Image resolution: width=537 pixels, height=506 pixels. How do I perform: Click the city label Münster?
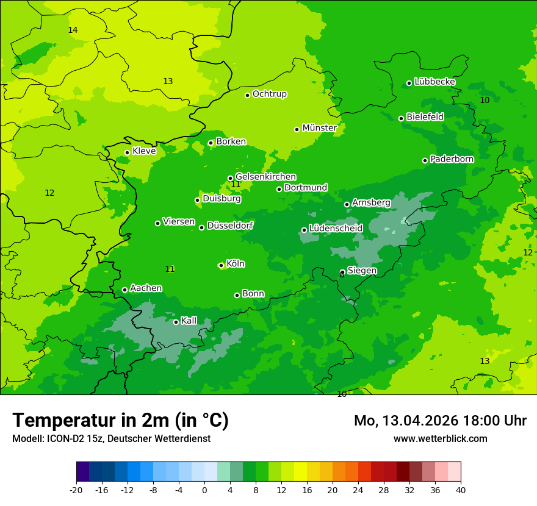tap(319, 128)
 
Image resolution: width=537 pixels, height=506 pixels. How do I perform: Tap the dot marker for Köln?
tap(221, 265)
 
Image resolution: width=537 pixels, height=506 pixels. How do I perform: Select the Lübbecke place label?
tap(434, 82)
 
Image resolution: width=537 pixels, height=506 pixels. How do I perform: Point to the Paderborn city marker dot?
tap(425, 160)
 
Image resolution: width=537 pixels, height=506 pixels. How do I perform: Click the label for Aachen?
tap(146, 288)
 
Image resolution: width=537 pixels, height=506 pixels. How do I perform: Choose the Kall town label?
tap(189, 321)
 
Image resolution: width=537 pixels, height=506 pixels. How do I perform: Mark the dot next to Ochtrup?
tap(247, 95)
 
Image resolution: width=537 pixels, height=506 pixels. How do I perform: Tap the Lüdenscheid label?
tap(336, 229)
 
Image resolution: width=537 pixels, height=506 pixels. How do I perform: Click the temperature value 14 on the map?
tap(73, 30)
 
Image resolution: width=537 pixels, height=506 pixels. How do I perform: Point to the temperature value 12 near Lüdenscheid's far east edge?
tap(527, 252)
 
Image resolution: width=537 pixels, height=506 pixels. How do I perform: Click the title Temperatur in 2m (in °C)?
tap(120, 421)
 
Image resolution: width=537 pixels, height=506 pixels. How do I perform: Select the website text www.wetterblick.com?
tap(440, 439)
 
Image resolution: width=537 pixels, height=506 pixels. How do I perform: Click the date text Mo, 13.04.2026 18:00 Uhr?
tap(440, 421)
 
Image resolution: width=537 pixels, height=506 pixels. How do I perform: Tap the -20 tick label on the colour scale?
tap(76, 490)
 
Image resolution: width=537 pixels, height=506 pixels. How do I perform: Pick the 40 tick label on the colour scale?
tap(461, 490)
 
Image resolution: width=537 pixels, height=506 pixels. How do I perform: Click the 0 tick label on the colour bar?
tap(204, 490)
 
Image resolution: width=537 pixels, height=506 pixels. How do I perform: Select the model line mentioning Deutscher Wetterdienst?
tap(111, 439)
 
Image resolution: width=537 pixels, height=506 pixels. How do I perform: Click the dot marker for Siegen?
tap(342, 272)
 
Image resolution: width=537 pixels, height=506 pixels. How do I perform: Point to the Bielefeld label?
tap(425, 116)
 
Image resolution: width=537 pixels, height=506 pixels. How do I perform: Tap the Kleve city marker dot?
tap(127, 152)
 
